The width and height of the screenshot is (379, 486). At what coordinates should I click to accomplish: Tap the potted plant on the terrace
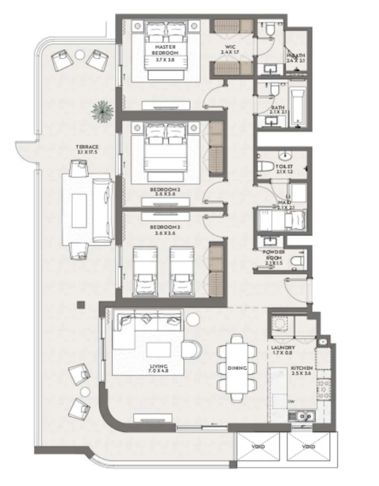point(102,110)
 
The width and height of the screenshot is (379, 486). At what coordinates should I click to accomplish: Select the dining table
point(237,368)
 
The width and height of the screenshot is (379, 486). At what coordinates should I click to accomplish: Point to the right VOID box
point(309,446)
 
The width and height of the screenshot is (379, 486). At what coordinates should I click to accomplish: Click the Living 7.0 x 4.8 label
point(158,369)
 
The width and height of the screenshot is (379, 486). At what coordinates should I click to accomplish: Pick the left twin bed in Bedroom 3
point(145,271)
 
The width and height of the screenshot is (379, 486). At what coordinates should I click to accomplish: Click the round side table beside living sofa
point(193,320)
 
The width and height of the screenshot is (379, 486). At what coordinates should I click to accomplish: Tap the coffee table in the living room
point(158,349)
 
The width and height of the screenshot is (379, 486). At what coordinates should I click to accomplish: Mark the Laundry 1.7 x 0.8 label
point(283,350)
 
